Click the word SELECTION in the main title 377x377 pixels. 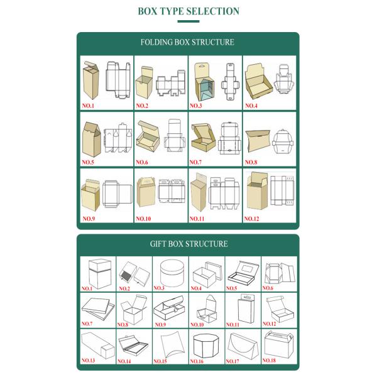coord(213,11)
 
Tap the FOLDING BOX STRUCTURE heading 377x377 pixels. coord(187,42)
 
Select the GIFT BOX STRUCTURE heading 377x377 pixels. coord(188,244)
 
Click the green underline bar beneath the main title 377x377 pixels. coord(188,21)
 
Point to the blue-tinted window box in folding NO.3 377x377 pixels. coord(204,82)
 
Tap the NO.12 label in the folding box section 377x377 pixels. coord(251,219)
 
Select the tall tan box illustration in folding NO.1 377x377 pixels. coord(91,80)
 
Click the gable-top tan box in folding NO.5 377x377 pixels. coord(91,139)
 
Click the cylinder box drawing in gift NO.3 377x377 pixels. coord(172,273)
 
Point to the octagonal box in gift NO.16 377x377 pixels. coord(206,345)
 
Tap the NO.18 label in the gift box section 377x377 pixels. coord(269,361)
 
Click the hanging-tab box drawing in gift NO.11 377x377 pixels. coord(246,309)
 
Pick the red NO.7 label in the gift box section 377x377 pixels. coord(87,324)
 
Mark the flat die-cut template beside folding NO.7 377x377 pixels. coord(229,138)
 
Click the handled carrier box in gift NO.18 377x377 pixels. coord(279,344)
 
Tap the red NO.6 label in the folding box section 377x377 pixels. coord(142,162)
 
